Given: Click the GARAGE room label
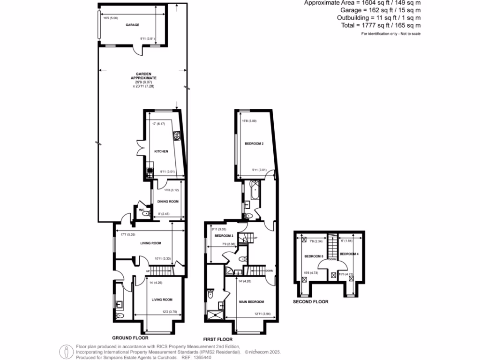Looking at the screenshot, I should point(132,25).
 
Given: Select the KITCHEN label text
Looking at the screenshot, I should point(161,151).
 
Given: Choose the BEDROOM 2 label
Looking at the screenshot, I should point(255,144).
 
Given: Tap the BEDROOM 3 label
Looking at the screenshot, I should point(224,236).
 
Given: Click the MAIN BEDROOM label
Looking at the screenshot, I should point(252,301).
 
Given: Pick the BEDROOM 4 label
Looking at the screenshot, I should point(349,254).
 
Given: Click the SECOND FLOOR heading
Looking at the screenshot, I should point(310,302).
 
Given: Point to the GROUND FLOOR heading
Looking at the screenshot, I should point(130,337).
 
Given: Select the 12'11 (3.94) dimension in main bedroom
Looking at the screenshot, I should point(262,314).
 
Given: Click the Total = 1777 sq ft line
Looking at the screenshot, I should point(381,25).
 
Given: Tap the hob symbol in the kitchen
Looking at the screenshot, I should point(178,136).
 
